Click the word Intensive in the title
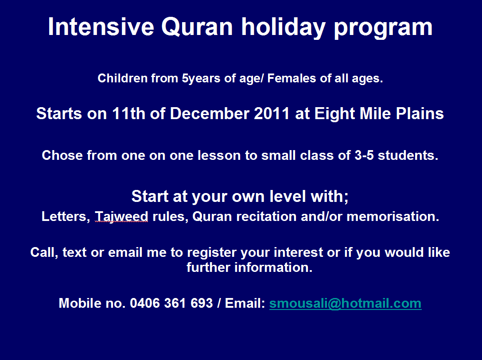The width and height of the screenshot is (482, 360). (101, 27)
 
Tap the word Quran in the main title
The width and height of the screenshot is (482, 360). (197, 27)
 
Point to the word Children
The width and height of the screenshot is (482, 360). (123, 78)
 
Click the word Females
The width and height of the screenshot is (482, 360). (292, 78)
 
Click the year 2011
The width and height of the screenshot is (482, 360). (272, 113)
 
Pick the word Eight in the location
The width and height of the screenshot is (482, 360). (334, 114)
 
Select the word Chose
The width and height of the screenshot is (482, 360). (62, 155)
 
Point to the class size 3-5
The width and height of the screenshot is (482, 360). (364, 155)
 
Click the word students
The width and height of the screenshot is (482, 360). (408, 155)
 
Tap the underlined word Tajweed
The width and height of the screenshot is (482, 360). (121, 217)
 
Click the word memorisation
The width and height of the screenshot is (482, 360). (393, 216)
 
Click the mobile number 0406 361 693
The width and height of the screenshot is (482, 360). (171, 303)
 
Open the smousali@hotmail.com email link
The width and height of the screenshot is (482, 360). (345, 303)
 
